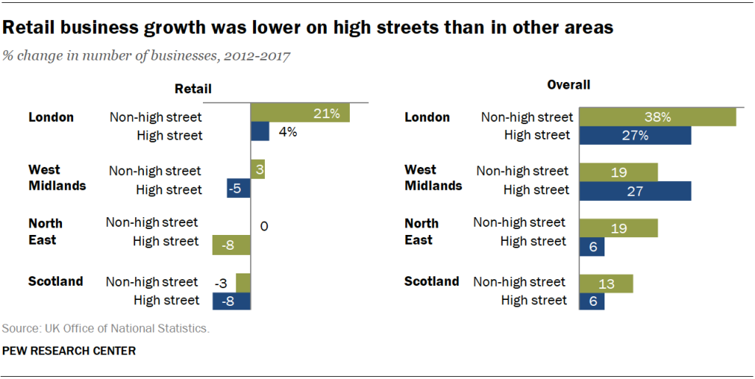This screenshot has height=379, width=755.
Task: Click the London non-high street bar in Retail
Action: coord(300,113)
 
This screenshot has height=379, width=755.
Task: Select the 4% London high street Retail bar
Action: coord(260,132)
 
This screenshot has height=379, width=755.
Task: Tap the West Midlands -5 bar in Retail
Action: coord(238,188)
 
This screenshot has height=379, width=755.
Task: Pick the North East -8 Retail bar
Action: coord(231,245)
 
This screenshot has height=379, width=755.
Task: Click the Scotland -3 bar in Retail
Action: coord(244,282)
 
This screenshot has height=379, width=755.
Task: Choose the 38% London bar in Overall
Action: coord(658,117)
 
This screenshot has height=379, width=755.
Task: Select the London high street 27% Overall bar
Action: coord(635,135)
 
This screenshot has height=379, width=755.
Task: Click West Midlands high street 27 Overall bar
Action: coord(635,190)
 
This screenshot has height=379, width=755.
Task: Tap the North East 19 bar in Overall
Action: coord(618,228)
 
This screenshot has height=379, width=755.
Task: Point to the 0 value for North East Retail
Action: coord(263,226)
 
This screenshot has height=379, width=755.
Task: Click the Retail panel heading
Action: coord(193,89)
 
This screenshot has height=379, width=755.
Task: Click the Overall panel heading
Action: coord(568,85)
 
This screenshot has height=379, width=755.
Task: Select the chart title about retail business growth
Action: coord(308,28)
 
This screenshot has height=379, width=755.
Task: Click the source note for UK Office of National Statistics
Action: coord(106,328)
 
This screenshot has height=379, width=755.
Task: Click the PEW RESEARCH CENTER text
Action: coord(69,351)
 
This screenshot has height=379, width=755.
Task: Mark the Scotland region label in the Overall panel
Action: coord(432,281)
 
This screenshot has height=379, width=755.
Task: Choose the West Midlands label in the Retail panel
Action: coord(57,178)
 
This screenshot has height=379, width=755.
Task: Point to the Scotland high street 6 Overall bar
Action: coord(593,301)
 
